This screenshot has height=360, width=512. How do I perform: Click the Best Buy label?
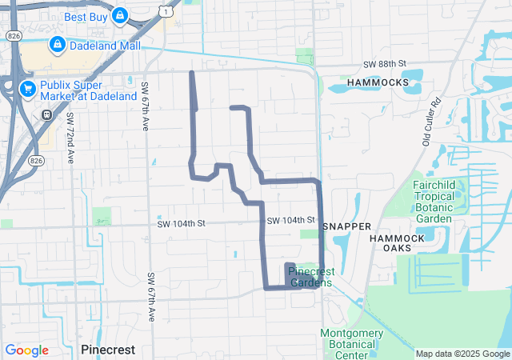[x=86, y=16]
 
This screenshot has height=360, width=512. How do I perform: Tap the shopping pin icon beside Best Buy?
[x=119, y=15]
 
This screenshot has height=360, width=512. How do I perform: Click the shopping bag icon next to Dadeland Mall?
[x=58, y=44]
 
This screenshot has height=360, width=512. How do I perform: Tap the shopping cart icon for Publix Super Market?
[x=28, y=88]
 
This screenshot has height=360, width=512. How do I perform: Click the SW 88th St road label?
[x=385, y=64]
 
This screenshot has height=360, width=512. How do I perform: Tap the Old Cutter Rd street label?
[x=433, y=121]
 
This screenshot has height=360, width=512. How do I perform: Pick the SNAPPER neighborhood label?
[x=347, y=226]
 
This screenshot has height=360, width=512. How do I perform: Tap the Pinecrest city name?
[x=108, y=350]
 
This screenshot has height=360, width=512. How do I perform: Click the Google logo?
[x=26, y=350]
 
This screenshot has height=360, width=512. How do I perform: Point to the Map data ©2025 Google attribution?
[x=462, y=354]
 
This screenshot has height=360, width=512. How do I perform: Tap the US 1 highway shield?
[x=164, y=11]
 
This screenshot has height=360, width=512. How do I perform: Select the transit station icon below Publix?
[x=46, y=114]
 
